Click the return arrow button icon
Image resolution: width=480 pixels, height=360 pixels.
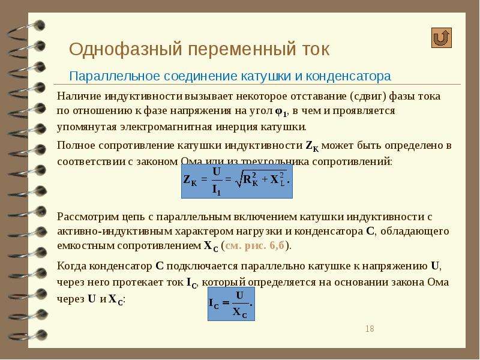click(442, 38)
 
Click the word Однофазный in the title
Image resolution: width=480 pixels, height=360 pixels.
click(125, 49)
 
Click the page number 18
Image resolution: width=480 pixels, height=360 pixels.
click(370, 329)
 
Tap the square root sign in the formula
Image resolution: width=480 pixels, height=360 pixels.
click(238, 179)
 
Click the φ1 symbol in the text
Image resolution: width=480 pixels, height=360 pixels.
click(281, 112)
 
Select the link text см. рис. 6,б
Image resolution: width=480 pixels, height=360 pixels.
click(254, 245)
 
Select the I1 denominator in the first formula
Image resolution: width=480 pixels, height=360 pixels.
click(217, 190)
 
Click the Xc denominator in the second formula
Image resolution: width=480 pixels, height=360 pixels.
click(239, 313)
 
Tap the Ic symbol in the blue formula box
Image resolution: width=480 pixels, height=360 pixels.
click(214, 304)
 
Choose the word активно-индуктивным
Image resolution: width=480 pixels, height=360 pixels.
click(115, 232)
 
